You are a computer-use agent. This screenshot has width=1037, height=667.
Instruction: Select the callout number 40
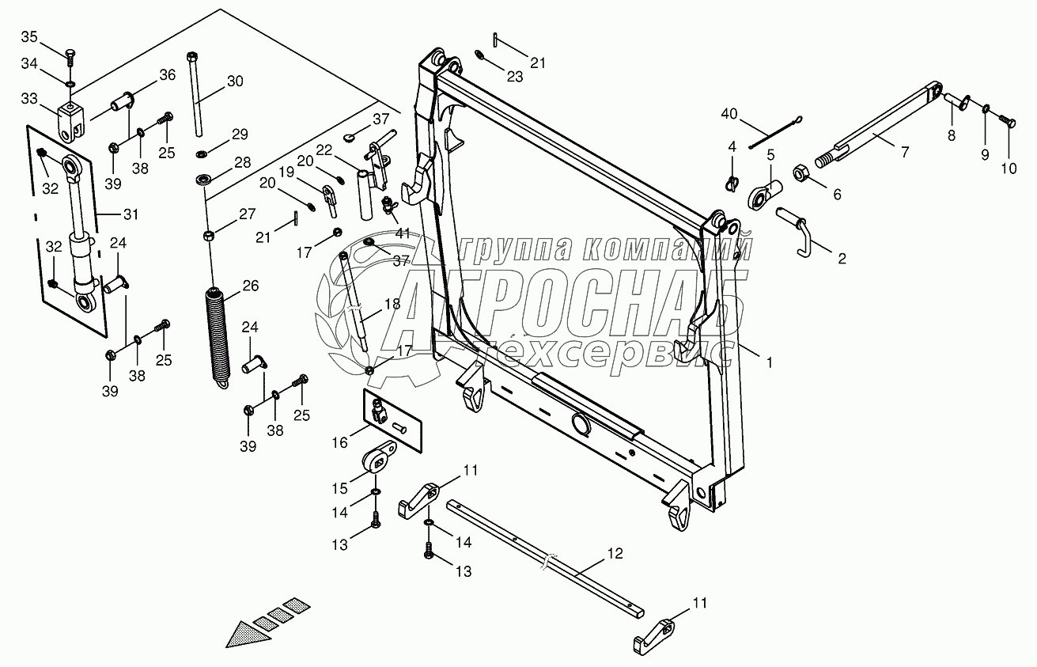[729, 114]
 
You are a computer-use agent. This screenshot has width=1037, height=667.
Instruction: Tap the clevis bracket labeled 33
[70, 117]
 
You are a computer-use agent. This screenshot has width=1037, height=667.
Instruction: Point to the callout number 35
[28, 37]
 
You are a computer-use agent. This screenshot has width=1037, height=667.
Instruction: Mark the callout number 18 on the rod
[392, 304]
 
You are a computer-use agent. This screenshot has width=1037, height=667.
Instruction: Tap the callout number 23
[515, 78]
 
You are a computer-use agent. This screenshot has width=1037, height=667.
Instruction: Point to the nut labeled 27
[207, 235]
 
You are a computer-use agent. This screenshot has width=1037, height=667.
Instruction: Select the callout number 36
[167, 75]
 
